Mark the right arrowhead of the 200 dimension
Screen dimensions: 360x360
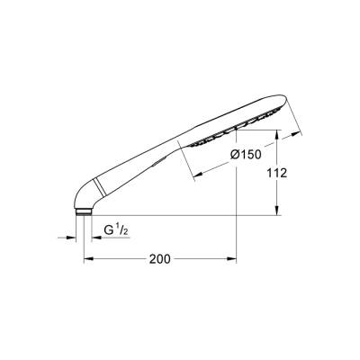(234, 260)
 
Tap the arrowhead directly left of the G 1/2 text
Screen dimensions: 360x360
(93, 238)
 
